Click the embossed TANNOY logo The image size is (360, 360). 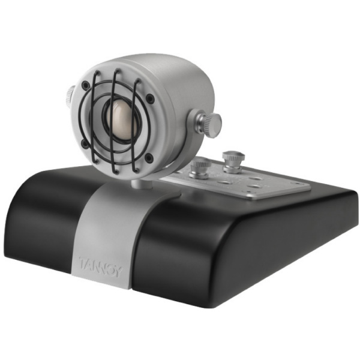point(100,266)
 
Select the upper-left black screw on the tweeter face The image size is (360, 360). point(86,85)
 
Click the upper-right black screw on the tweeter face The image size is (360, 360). point(149,98)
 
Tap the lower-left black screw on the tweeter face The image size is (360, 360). point(85,144)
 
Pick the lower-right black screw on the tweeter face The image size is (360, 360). point(149,157)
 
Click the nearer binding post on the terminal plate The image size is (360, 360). point(200,169)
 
